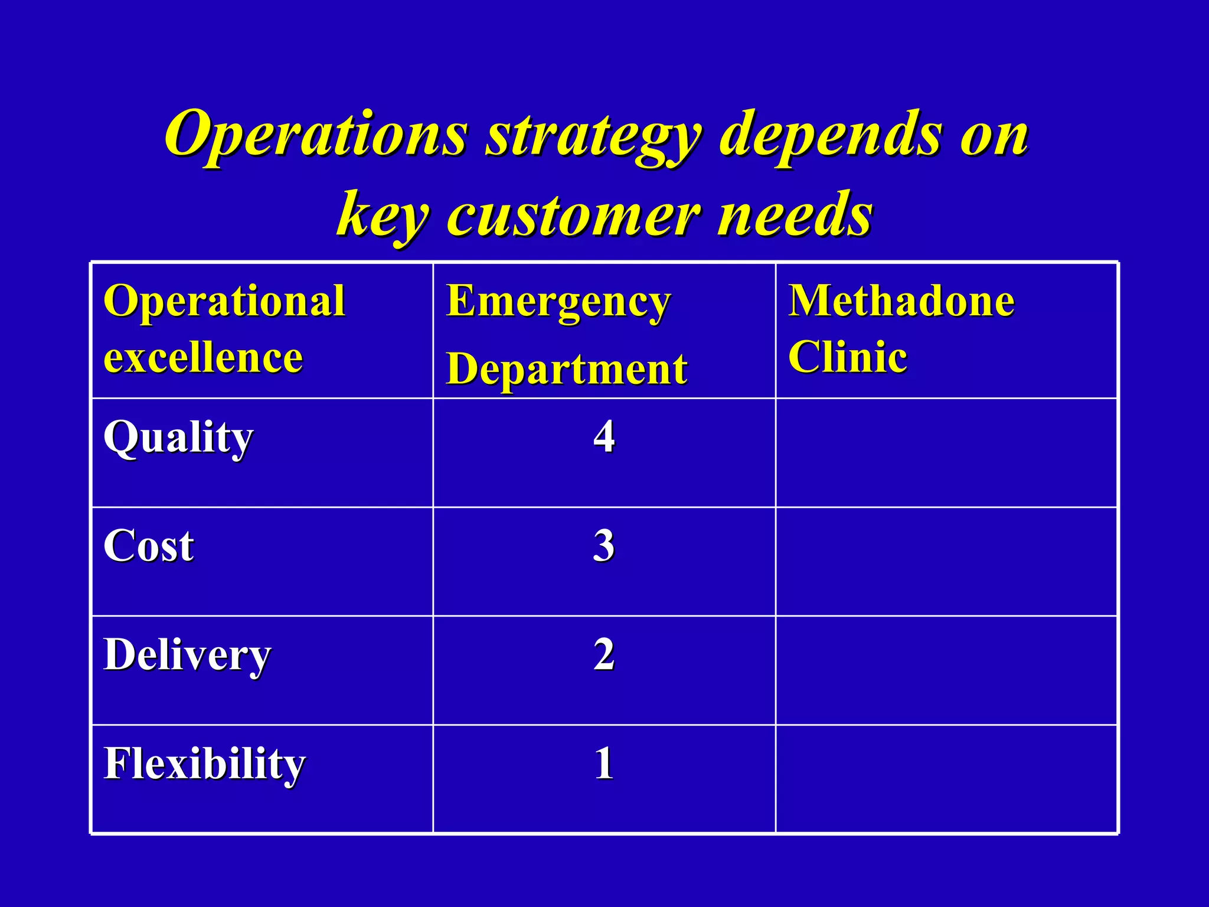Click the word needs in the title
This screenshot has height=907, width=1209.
[x=794, y=214]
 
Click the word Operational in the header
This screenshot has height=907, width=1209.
[x=224, y=301]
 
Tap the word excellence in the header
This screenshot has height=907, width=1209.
[x=203, y=357]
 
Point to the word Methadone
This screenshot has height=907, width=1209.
[x=901, y=301]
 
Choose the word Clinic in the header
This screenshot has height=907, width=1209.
[x=848, y=357]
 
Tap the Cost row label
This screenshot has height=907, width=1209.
[x=149, y=546]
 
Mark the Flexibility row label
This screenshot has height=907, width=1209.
[x=204, y=764]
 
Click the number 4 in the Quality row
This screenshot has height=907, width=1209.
[x=604, y=437]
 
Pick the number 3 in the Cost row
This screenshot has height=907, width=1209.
[x=604, y=546]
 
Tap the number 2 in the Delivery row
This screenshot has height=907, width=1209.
[x=604, y=654]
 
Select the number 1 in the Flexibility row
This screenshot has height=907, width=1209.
[x=604, y=764]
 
